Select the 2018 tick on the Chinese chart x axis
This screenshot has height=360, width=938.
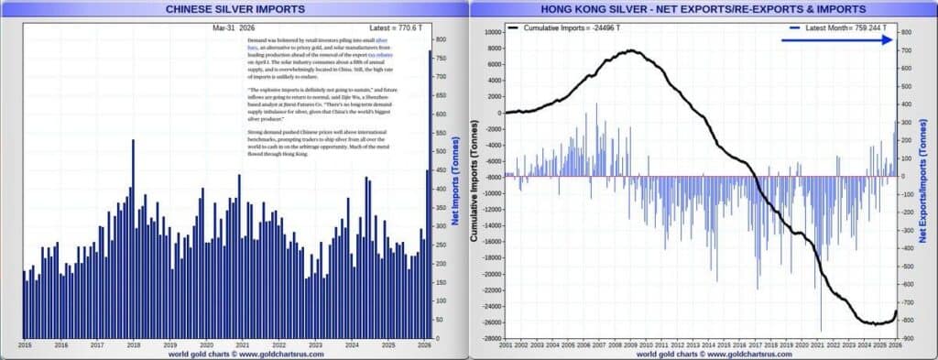pos(134,345)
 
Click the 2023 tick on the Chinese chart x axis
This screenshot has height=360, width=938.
pos(315,345)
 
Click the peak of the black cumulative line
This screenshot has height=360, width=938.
pos(632,51)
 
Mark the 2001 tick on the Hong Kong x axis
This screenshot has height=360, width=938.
pos(506,345)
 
